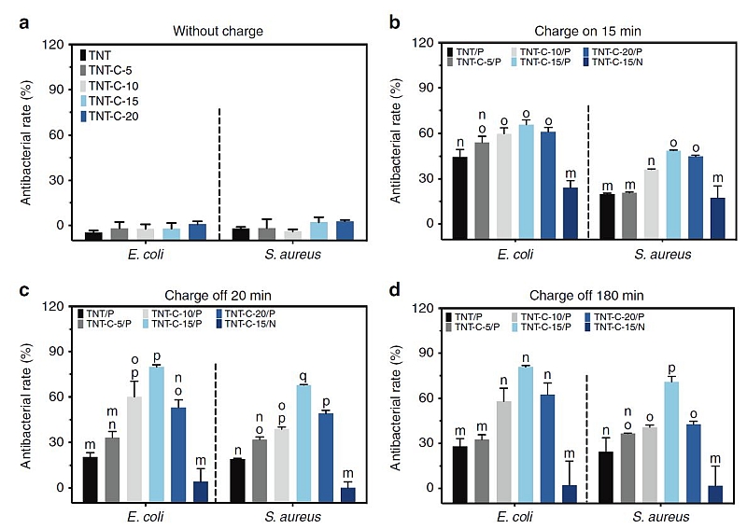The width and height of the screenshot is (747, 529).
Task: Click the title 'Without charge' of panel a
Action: coord(218,32)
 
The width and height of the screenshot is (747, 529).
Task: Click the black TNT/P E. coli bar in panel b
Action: coord(459,191)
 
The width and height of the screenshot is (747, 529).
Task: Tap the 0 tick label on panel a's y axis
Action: coord(62,225)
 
